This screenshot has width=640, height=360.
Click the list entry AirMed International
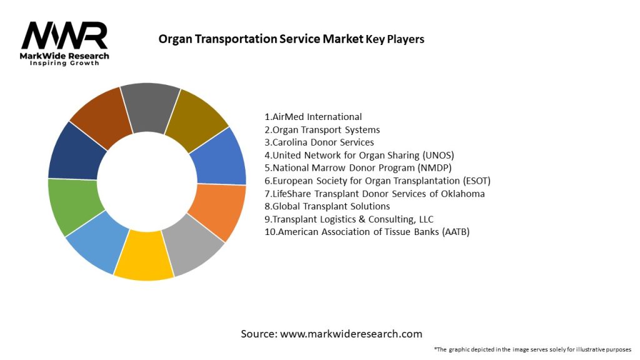pos(313,117)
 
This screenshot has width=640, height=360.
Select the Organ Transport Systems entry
pos(322,130)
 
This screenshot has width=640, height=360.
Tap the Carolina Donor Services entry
pos(319,142)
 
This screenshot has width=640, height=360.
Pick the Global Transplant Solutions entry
pos(327,206)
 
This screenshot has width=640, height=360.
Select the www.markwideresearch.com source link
pos(351,334)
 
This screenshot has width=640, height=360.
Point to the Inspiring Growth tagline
pos(64,64)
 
